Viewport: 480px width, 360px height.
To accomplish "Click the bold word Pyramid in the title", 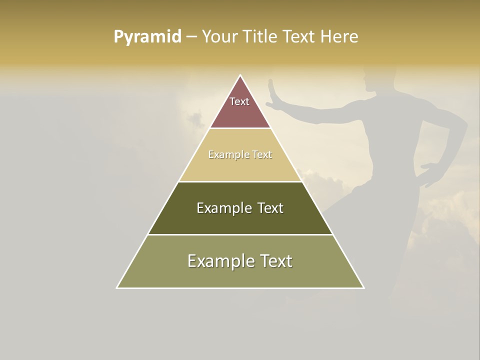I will point(147,37).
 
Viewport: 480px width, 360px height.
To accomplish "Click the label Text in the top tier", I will point(239,101).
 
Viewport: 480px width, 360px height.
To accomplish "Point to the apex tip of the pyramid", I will point(240,76).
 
